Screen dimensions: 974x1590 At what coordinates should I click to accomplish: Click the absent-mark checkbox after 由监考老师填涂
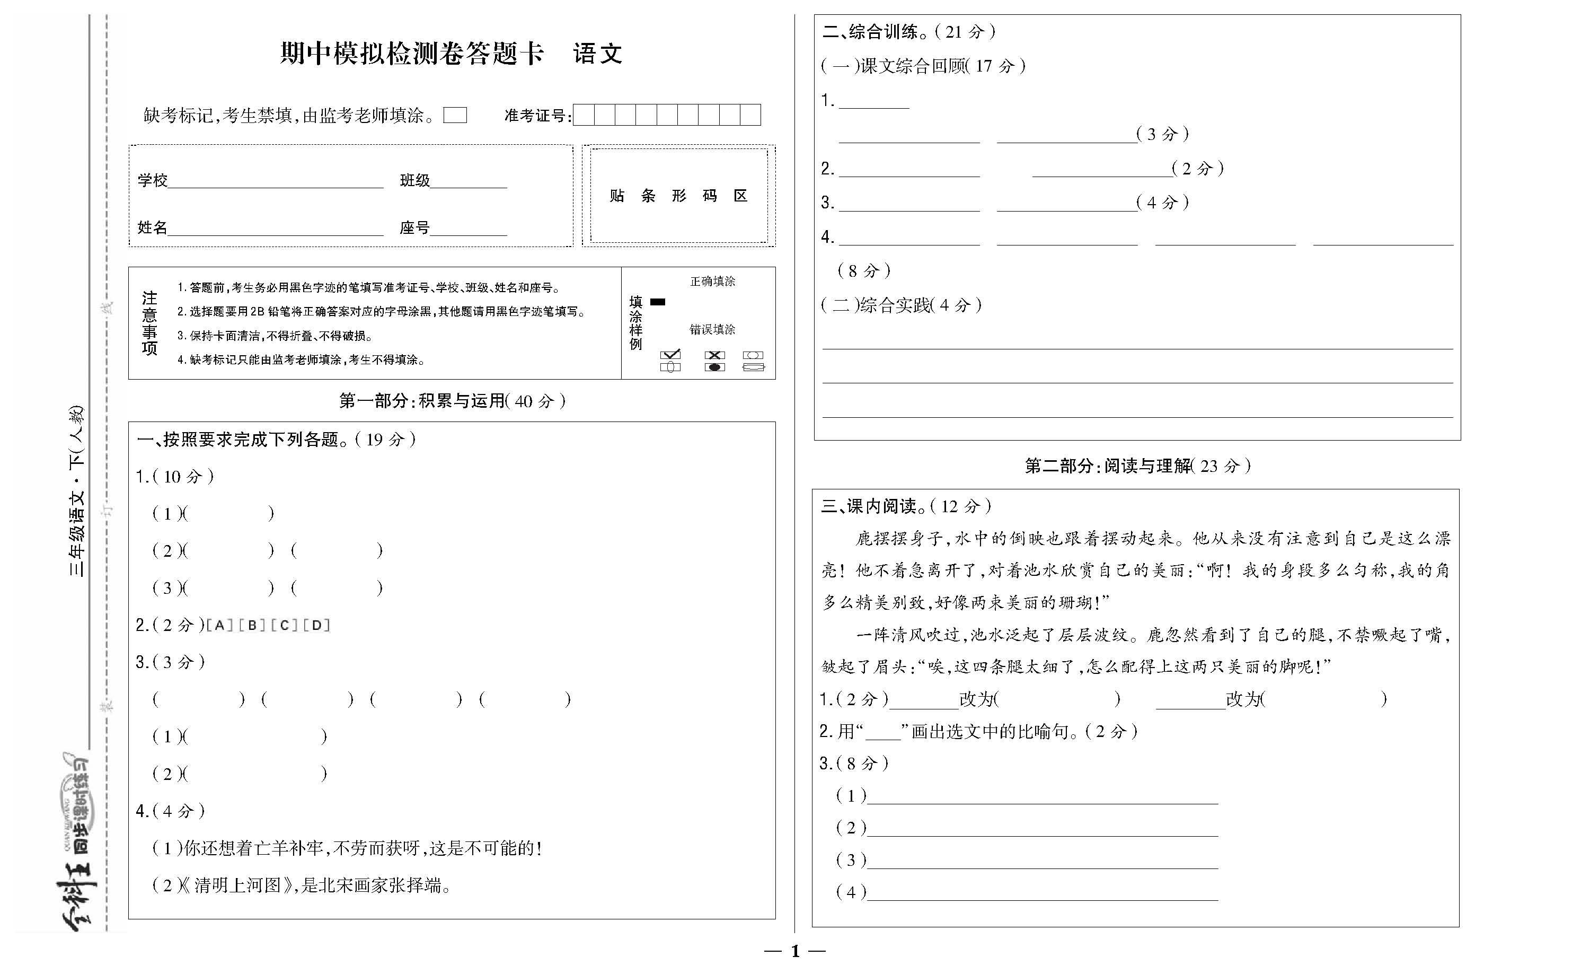point(455,116)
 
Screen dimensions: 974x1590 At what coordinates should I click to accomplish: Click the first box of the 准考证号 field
point(584,115)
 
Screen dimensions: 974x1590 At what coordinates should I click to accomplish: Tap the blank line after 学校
point(276,182)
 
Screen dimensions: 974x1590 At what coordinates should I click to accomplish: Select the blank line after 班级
point(469,182)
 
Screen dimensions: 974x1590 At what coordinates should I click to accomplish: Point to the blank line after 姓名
point(276,229)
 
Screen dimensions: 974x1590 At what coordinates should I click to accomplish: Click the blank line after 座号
point(469,229)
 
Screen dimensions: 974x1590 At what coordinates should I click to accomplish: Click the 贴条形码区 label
point(678,196)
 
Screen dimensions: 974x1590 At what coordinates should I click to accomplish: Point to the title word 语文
point(597,54)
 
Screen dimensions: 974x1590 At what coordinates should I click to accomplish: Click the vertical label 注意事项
point(149,323)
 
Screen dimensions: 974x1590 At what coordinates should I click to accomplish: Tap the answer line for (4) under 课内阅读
point(1042,893)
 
